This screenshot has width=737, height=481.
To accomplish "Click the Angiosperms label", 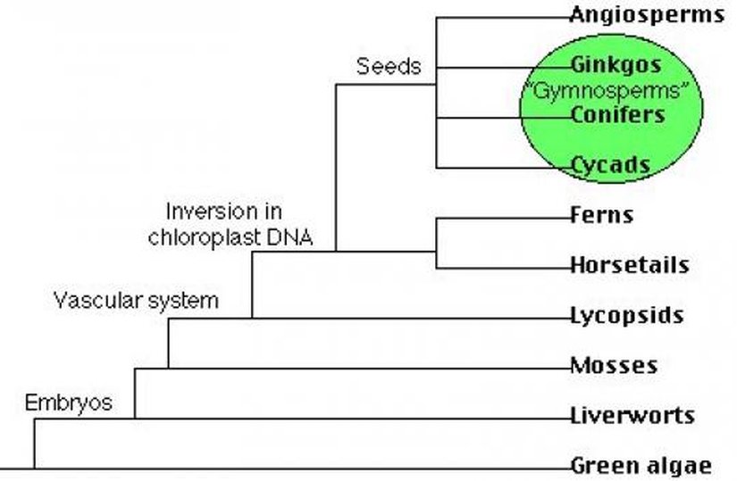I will click(647, 14).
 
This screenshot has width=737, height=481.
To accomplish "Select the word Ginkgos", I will click(616, 65).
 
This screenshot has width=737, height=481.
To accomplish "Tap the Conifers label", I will click(617, 115).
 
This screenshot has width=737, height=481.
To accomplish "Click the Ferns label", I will click(601, 215).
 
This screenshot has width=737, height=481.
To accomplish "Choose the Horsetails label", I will click(629, 265).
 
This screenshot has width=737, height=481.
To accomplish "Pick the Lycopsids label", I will click(626, 315).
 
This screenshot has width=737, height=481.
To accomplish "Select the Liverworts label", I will click(632, 415).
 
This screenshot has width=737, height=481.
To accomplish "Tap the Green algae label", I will click(640, 465).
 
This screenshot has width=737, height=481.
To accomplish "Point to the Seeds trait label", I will click(388, 67).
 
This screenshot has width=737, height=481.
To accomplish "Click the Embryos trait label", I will click(69, 402).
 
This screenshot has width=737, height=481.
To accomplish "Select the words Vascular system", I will click(136, 300).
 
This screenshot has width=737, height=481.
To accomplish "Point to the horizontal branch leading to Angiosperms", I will click(500, 16).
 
